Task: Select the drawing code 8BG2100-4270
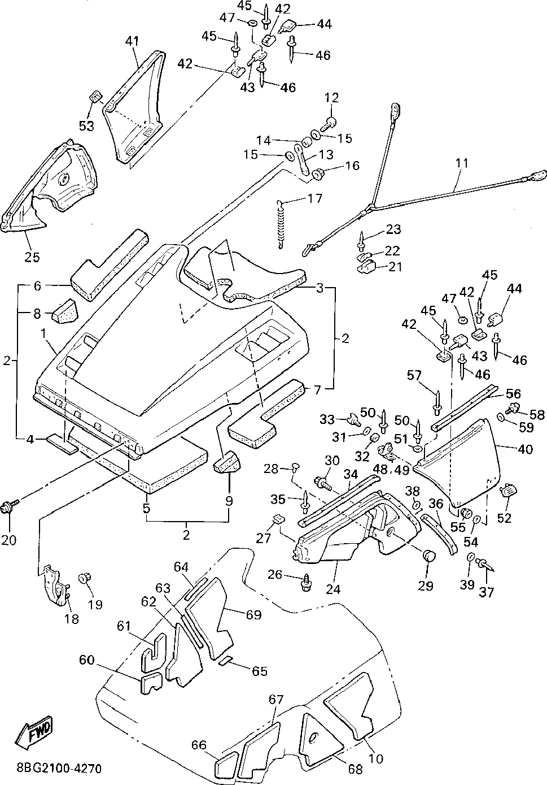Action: click(59, 769)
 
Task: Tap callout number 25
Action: click(32, 258)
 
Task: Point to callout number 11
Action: click(462, 163)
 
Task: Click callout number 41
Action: click(132, 41)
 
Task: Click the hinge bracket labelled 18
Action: click(53, 584)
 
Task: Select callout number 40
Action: click(525, 449)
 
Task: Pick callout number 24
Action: click(333, 589)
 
